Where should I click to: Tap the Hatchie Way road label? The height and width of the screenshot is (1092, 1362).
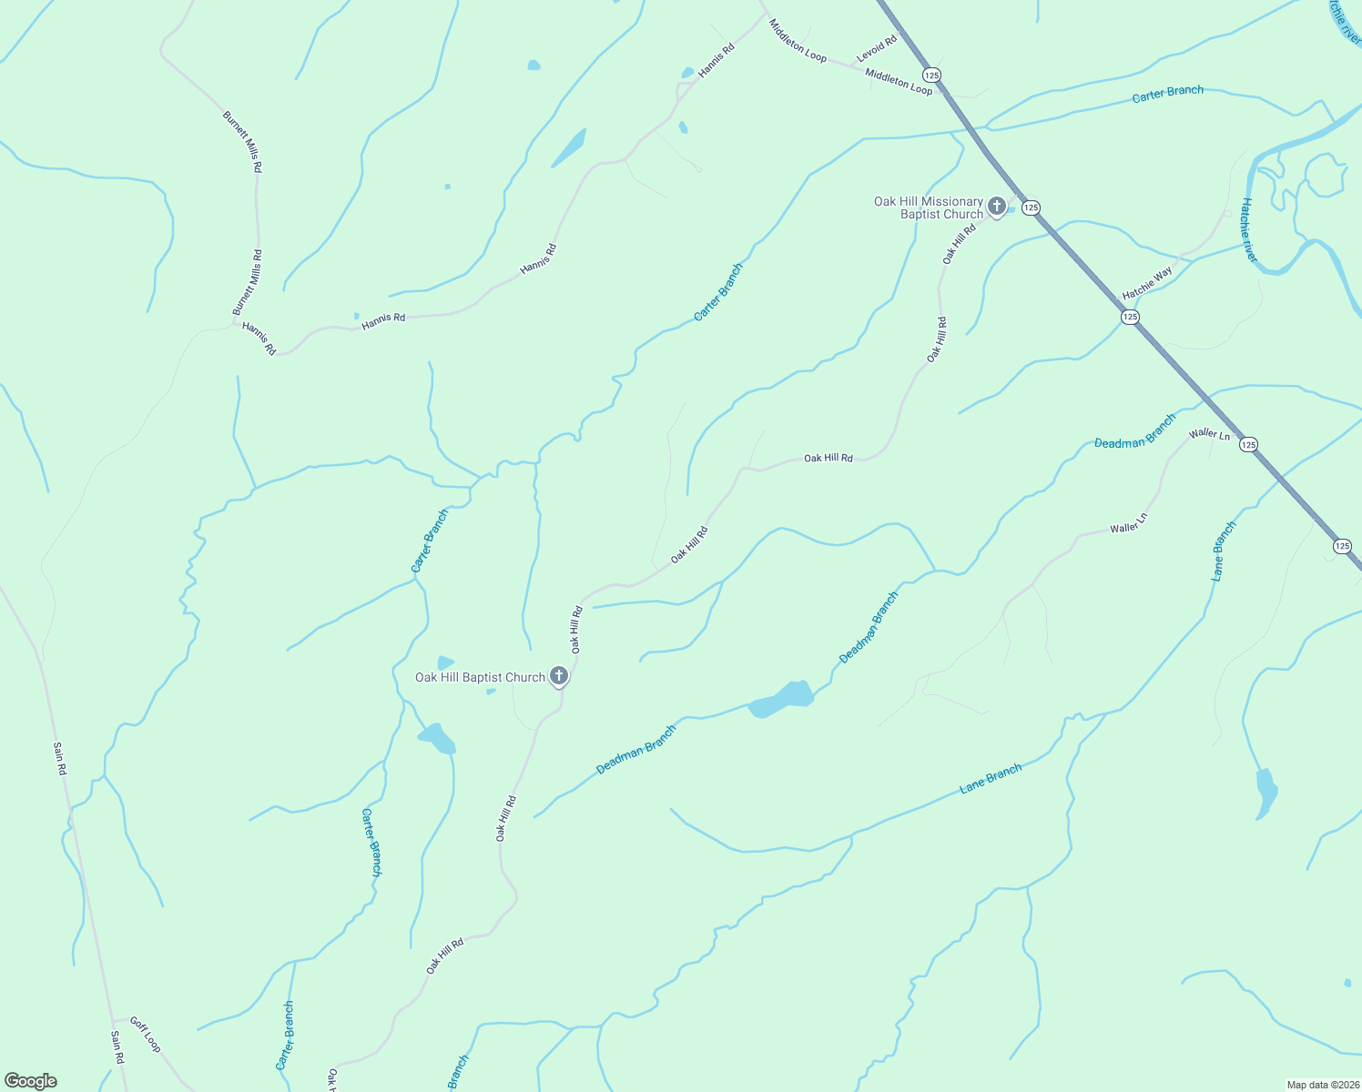pos(1147,283)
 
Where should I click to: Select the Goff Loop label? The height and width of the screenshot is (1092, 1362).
pos(145,1034)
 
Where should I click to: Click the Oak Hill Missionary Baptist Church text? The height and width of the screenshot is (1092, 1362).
pos(929,207)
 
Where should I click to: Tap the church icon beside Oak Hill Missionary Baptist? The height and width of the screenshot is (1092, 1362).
pos(997,206)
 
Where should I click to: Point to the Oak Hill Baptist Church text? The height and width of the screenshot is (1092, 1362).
pos(480,677)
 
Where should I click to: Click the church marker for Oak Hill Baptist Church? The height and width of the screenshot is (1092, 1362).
pos(560,676)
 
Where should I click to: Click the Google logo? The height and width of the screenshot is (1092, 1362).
pos(31,1081)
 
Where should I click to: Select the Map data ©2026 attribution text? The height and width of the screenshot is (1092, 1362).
pos(1323,1085)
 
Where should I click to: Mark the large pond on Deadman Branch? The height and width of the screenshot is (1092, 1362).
pos(781,699)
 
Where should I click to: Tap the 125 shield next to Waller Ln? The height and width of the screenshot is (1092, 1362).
pos(1248,444)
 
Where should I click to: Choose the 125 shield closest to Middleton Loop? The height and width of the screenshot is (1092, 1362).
pos(930,74)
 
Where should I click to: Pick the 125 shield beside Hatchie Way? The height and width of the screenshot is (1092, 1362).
pos(1130,317)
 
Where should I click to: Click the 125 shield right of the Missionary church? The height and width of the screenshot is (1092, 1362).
pos(1031,207)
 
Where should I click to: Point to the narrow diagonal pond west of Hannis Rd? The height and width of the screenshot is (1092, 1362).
pos(569,148)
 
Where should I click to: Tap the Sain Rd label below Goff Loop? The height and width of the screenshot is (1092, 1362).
pos(117,1047)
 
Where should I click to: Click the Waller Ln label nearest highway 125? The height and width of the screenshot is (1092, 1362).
pos(1209,434)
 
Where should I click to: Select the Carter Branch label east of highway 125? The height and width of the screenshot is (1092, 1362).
pos(1167,94)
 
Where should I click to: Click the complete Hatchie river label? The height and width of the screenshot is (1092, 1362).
pos(1247,230)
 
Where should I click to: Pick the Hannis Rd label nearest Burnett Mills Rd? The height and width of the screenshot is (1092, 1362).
pos(259,338)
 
